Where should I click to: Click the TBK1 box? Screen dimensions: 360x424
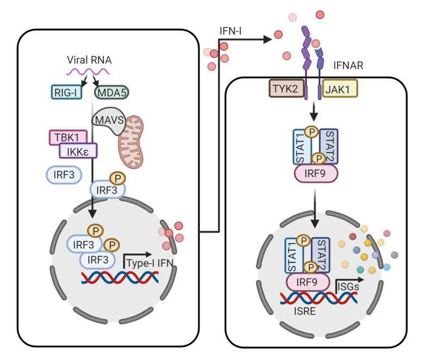point(66,137)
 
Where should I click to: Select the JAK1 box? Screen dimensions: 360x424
point(340,89)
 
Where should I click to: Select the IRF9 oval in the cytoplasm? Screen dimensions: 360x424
point(315,176)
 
